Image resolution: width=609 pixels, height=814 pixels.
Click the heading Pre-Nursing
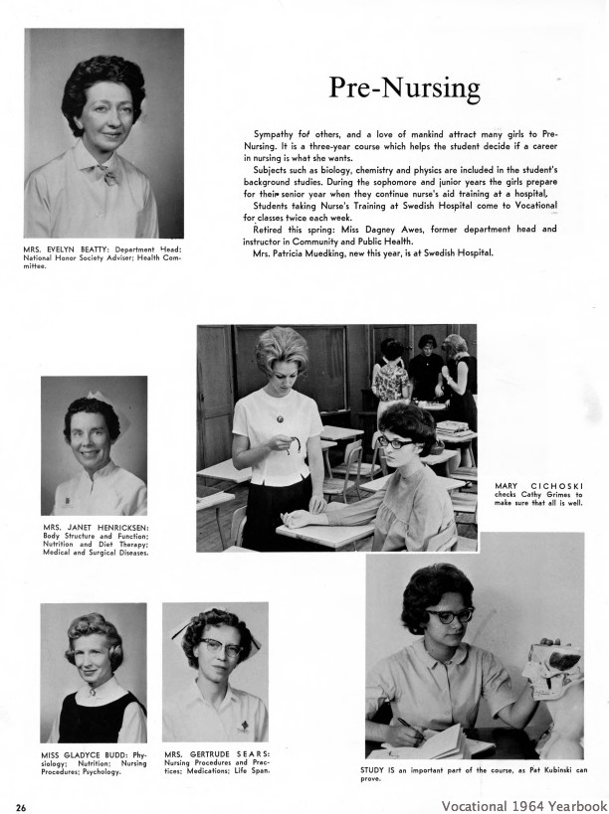pos(404,88)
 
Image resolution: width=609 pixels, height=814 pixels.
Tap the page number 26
pos(21,806)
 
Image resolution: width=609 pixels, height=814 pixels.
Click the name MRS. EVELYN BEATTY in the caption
pos(67,247)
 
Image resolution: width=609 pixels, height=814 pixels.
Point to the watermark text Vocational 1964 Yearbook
pos(524,805)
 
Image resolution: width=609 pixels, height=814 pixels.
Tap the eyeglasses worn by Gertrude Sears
pos(219,646)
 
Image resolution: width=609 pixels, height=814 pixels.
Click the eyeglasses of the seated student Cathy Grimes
pos(396,442)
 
